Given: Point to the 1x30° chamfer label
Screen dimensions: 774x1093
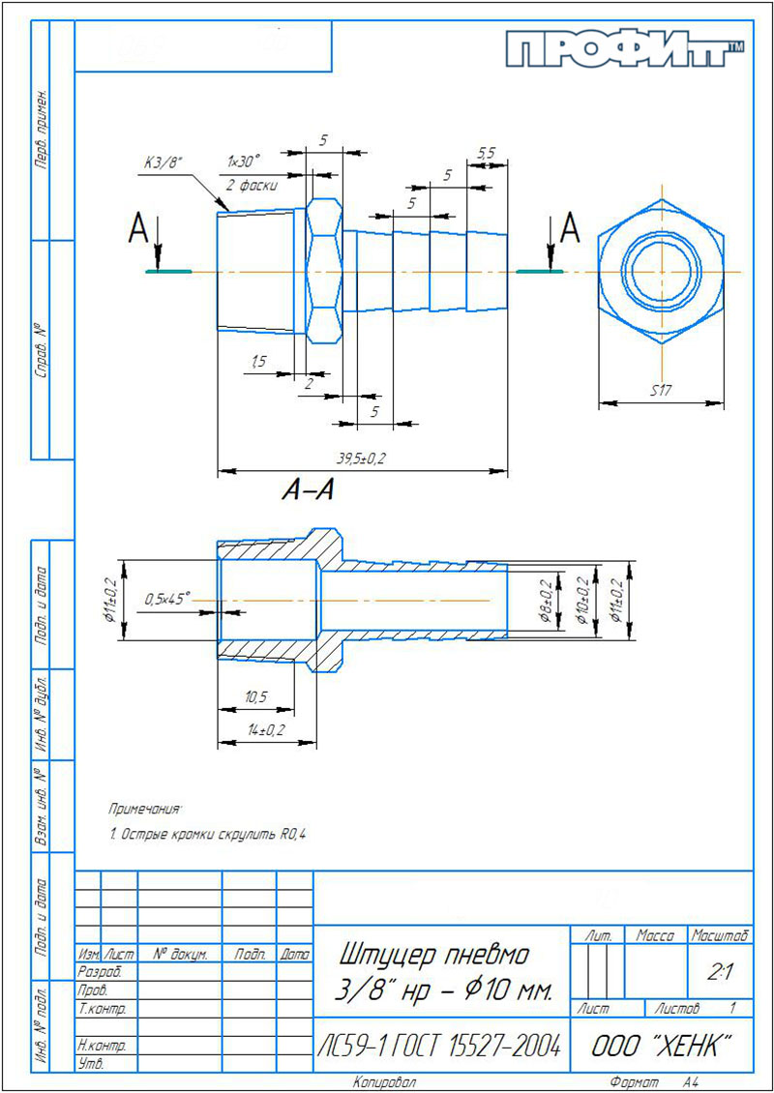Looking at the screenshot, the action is point(244,161).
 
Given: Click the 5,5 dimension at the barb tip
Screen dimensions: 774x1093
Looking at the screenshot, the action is point(486,154).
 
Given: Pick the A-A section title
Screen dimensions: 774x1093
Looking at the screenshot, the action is point(307,491).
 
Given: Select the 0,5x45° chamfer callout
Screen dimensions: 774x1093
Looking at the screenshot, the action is point(167,599).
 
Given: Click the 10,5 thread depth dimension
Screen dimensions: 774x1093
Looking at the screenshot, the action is point(256,695).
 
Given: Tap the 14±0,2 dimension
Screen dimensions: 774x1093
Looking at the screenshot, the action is point(267,729).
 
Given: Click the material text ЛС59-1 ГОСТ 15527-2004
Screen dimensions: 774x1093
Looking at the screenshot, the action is point(440,1045).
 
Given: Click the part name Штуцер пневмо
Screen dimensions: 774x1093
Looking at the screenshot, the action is point(435,955).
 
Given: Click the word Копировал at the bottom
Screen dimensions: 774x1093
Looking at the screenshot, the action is point(385,1083).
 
